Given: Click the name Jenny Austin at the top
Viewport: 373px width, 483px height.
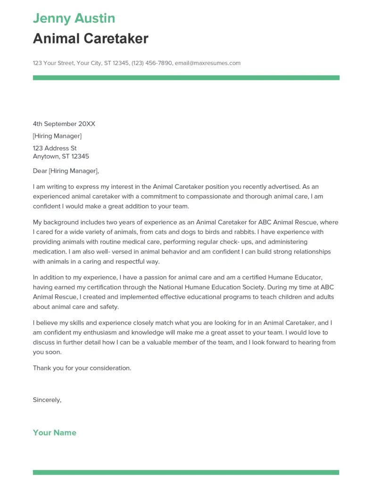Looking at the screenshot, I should pos(74,18).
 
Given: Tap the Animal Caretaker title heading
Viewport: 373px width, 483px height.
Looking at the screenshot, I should pos(91,39).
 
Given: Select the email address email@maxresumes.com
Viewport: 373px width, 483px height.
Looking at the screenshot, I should pos(207,63).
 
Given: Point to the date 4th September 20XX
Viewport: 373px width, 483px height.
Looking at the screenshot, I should pos(64,124).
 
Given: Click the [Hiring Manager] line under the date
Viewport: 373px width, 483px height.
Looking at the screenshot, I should pos(57,136).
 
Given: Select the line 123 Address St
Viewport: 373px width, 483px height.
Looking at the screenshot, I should pos(55,149).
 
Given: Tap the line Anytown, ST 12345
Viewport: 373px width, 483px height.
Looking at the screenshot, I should pos(61,157).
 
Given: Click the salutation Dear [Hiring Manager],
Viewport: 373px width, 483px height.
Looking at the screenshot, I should pos(66,171).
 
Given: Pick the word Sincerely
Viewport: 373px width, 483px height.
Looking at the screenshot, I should pos(47,400).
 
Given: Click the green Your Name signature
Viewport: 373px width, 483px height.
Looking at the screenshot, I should pos(55,433).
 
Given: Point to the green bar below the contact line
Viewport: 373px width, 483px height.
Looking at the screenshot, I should pos(186,77).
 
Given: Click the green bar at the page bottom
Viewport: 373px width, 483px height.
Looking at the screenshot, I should pos(186,472).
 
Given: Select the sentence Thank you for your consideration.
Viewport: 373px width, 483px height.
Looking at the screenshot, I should pos(82,368).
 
